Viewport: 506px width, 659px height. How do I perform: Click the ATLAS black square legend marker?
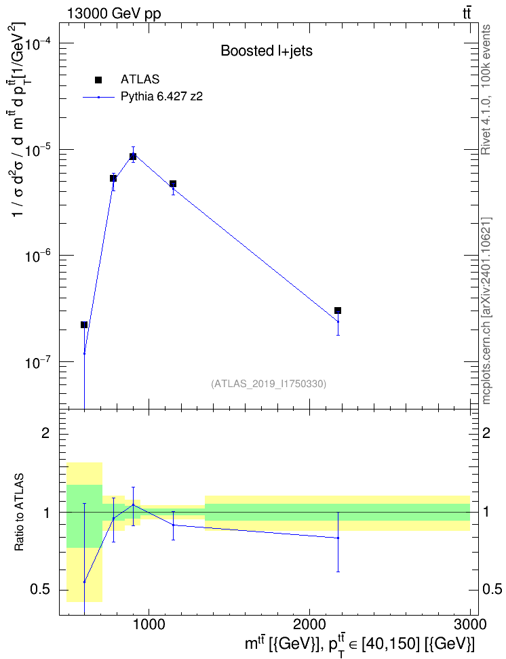pyautogui.click(x=98, y=80)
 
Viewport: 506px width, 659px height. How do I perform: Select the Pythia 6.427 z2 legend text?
pyautogui.click(x=162, y=97)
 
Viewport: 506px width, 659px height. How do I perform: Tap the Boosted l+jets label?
pyautogui.click(x=267, y=51)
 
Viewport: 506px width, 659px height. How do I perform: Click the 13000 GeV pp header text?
pyautogui.click(x=113, y=14)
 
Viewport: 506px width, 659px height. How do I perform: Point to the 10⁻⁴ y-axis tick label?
pyautogui.click(x=37, y=43)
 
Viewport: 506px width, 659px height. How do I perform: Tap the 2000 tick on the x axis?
pyautogui.click(x=309, y=624)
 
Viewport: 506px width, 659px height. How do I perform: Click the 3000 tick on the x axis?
pyautogui.click(x=470, y=624)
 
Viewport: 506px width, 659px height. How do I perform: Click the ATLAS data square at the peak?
pyautogui.click(x=133, y=157)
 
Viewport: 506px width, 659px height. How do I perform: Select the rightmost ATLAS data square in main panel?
pyautogui.click(x=338, y=311)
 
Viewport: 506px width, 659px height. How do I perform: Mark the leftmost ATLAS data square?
pyautogui.click(x=84, y=325)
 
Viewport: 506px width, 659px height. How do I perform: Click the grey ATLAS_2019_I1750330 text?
pyautogui.click(x=269, y=384)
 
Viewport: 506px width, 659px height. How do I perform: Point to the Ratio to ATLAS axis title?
pyautogui.click(x=20, y=513)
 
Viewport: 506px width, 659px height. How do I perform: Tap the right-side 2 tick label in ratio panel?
pyautogui.click(x=486, y=433)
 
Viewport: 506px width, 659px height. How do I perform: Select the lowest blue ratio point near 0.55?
pyautogui.click(x=84, y=582)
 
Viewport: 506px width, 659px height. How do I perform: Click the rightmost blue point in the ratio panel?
pyautogui.click(x=338, y=538)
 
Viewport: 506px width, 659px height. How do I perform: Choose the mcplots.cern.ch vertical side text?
pyautogui.click(x=486, y=311)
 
